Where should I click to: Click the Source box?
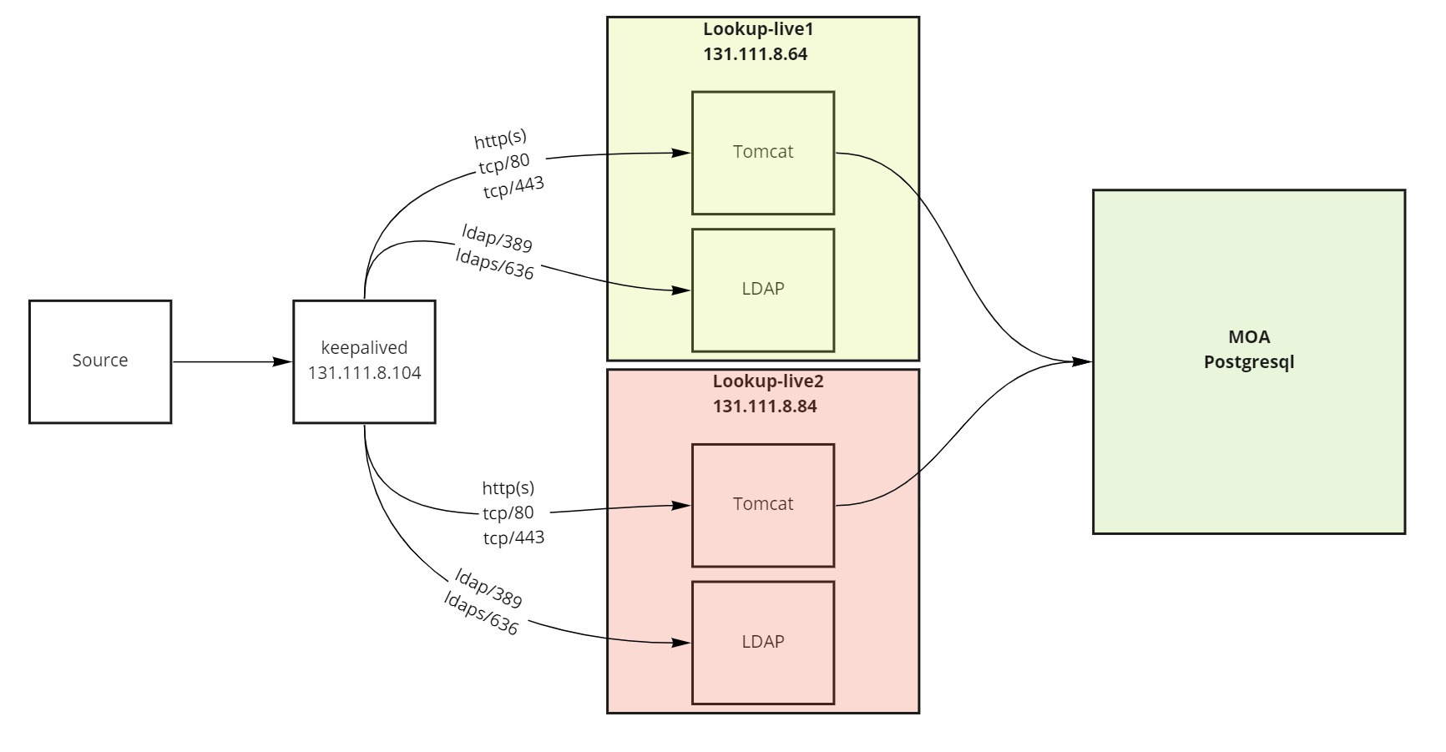point(100,361)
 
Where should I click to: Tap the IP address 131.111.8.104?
point(364,373)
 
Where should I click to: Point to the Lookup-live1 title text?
point(757,29)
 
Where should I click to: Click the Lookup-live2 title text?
point(767,381)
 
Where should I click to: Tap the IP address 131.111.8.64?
point(755,55)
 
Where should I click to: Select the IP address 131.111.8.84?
point(764,407)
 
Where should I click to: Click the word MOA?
point(1249,337)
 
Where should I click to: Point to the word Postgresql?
point(1249,363)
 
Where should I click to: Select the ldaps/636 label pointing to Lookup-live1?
point(495,265)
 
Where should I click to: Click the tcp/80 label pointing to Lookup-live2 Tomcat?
point(508,512)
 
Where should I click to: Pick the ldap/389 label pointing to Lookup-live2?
point(488,588)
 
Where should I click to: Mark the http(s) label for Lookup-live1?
point(501,139)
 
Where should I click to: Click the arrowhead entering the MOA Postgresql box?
point(1083,361)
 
